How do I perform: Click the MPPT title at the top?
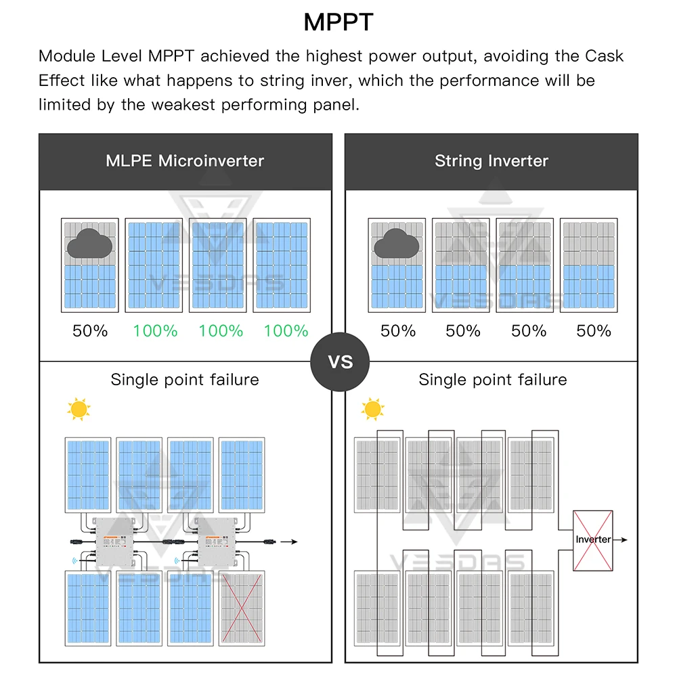[338, 22]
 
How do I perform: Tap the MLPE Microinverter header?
[185, 160]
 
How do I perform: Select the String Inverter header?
[492, 160]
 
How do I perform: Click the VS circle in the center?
[341, 362]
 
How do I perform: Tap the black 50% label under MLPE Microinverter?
[90, 331]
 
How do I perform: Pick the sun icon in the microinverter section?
[79, 410]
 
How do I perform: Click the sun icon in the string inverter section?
[372, 409]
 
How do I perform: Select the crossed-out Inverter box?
[592, 540]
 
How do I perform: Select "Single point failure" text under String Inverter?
[493, 380]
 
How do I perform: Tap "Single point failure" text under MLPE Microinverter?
[185, 380]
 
